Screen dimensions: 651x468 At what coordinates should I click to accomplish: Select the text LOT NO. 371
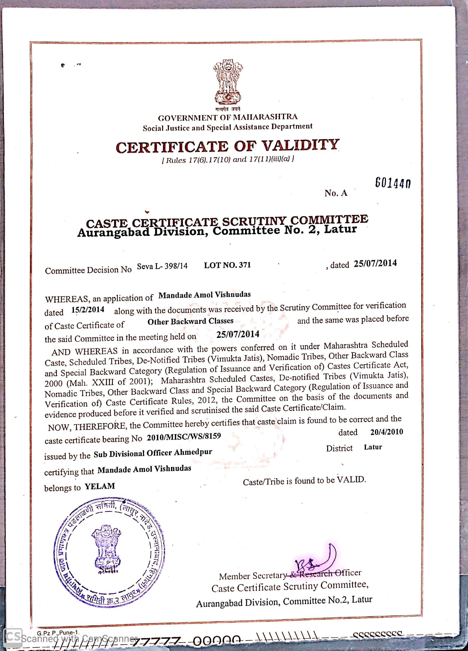227,265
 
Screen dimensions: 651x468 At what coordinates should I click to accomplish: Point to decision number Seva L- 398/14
162,266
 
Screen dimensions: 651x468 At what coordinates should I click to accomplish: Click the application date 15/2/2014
88,310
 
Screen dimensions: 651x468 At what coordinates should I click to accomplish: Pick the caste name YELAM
100,486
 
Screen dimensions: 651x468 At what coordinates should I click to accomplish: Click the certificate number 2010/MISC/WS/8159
184,437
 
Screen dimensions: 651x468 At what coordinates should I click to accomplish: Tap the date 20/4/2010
387,432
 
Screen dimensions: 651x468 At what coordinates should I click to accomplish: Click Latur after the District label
373,447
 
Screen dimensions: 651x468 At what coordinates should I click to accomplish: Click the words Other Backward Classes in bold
190,321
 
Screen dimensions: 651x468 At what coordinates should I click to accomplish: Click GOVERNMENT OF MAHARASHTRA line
228,117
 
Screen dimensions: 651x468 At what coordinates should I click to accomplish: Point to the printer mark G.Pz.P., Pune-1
57,632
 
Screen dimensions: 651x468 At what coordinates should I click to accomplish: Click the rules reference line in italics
228,160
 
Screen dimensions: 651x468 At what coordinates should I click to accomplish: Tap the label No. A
336,193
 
